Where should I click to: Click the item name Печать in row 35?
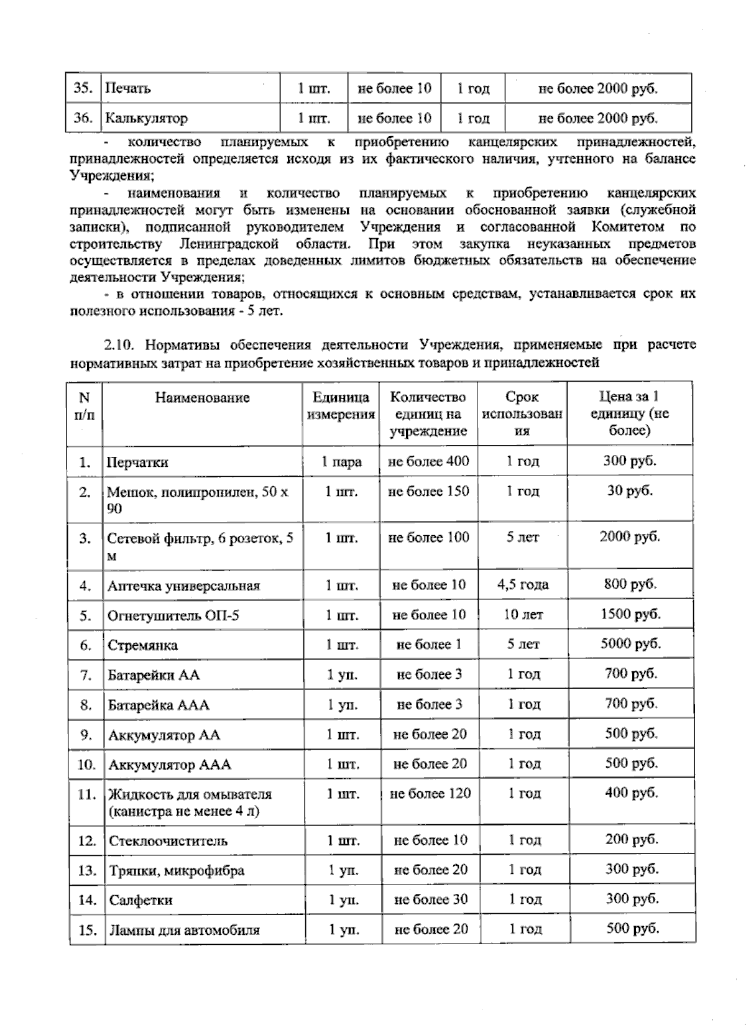[x=127, y=88]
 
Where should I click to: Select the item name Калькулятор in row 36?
[x=146, y=118]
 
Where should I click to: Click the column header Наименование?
[x=202, y=398]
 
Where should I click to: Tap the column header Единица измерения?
[x=341, y=406]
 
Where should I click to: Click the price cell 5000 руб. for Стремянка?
[x=630, y=643]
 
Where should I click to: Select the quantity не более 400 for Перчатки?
[x=428, y=461]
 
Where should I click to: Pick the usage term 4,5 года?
[x=523, y=584]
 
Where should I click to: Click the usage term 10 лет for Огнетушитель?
[x=523, y=615]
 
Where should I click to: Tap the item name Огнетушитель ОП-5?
[x=173, y=616]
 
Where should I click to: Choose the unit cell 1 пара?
[x=341, y=462]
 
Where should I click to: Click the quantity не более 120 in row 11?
[x=430, y=793]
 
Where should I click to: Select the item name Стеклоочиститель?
[x=168, y=841]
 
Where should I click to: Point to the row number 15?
[x=87, y=930]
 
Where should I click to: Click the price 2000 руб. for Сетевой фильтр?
[x=629, y=536]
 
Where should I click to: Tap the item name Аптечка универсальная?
[x=183, y=586]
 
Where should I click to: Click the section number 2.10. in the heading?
[x=117, y=345]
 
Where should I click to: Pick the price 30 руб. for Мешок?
[x=630, y=490]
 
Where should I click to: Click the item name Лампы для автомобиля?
[x=184, y=931]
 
